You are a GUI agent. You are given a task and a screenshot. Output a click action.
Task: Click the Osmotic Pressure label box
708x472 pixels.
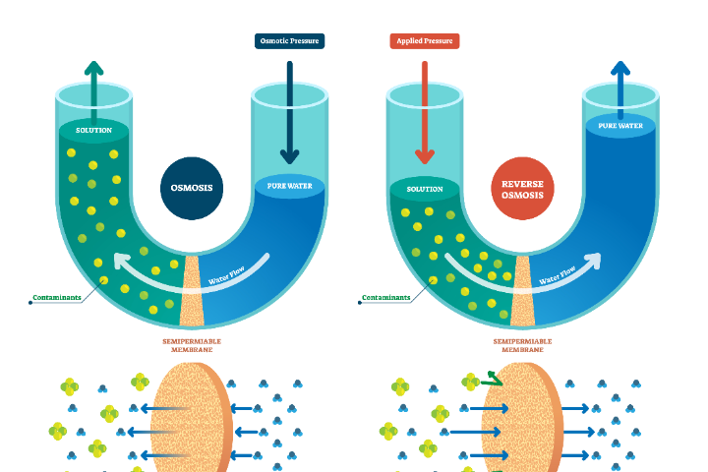(289, 41)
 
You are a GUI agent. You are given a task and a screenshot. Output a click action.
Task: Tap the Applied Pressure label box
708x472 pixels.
(425, 41)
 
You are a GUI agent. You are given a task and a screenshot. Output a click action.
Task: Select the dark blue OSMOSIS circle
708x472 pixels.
(191, 187)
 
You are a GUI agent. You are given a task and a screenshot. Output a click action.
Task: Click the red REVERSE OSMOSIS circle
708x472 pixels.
(522, 187)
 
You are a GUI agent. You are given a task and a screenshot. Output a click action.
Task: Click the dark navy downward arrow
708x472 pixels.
(289, 113)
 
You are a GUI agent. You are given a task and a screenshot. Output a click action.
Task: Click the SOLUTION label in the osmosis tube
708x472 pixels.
(93, 131)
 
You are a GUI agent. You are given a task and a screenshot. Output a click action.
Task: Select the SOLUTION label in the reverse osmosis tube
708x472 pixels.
(425, 189)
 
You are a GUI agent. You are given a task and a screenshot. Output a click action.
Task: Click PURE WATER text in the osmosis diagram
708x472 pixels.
(289, 184)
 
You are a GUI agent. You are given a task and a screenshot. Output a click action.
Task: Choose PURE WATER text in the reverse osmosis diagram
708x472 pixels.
(620, 126)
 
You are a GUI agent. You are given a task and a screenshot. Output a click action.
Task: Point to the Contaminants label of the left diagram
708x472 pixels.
(56, 297)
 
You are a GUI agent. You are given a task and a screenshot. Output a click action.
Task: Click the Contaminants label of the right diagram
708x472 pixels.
(386, 297)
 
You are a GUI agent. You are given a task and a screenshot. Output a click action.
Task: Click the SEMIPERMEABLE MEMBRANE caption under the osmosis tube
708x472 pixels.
(192, 345)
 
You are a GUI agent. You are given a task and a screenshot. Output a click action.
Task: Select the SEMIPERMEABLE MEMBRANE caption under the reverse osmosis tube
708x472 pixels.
(522, 345)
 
